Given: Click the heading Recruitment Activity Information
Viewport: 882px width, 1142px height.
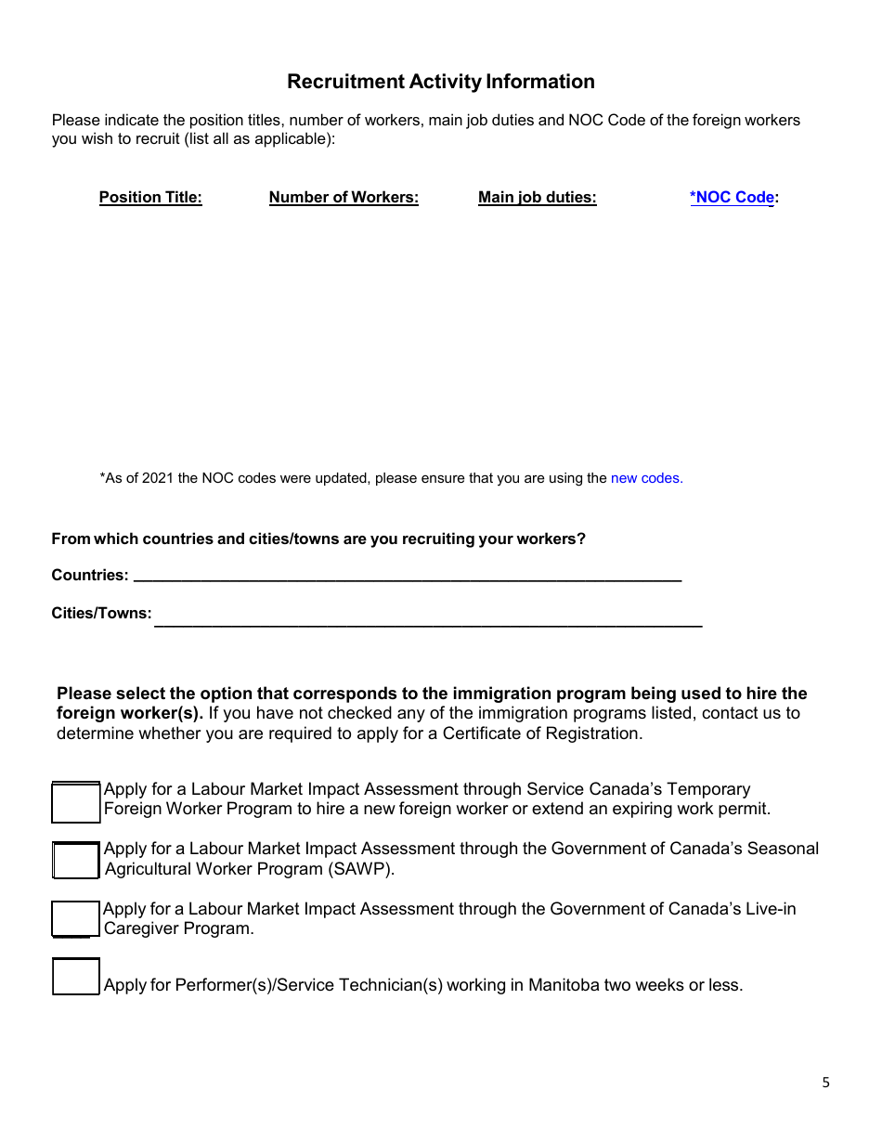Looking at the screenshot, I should [x=440, y=82].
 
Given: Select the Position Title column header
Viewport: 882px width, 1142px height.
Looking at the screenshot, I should [x=150, y=197].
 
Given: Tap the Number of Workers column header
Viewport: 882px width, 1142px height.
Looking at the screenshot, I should [x=344, y=197].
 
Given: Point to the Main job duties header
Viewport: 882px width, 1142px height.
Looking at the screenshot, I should [x=537, y=197].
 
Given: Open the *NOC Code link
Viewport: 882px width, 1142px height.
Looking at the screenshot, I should [x=732, y=197].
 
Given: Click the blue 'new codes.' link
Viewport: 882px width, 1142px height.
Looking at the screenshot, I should [x=646, y=478].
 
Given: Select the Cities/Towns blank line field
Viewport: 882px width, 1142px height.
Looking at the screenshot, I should [x=427, y=619].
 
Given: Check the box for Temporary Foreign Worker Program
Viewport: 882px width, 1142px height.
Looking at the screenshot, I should [x=75, y=802].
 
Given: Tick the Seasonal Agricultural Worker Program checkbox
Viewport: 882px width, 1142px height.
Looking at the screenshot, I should [x=75, y=860].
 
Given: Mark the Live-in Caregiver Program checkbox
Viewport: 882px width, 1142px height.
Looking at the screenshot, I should [x=75, y=918].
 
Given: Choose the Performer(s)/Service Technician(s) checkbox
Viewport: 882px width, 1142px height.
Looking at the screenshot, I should [x=75, y=978].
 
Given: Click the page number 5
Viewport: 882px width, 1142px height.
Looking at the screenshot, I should [x=825, y=1083].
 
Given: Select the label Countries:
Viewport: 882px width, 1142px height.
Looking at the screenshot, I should [x=90, y=575].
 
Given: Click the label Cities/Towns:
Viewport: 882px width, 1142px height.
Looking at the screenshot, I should [x=101, y=614].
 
